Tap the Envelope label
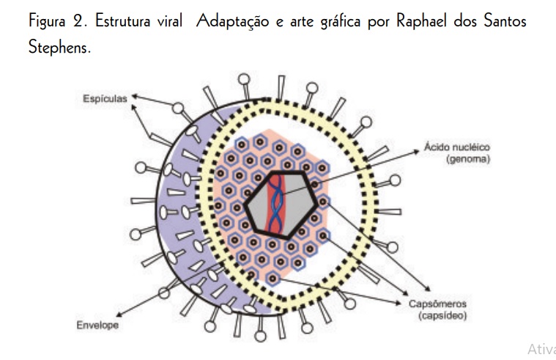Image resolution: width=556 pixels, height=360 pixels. (97, 323)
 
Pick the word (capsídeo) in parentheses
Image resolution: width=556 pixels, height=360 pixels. (443, 317)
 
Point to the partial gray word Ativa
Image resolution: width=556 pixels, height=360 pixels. (541, 348)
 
